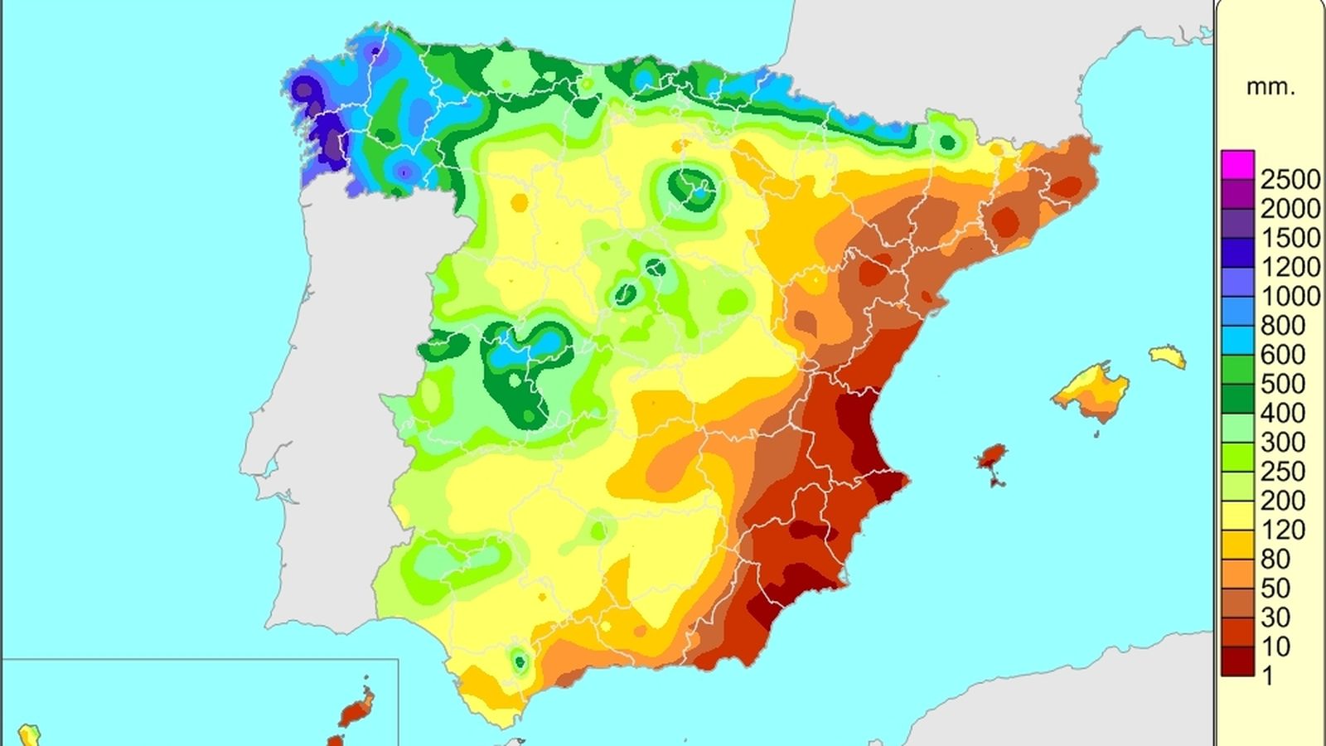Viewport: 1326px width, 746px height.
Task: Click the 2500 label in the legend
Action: tap(1290, 179)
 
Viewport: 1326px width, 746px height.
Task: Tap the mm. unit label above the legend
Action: tap(1270, 87)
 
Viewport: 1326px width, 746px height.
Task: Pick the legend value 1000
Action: tap(1290, 296)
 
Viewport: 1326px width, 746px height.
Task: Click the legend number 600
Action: tap(1282, 355)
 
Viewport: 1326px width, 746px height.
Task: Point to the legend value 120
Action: tap(1282, 530)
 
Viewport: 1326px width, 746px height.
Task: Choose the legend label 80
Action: tap(1275, 559)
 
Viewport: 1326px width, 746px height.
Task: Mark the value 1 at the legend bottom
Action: tap(1267, 676)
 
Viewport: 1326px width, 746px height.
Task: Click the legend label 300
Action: tap(1282, 443)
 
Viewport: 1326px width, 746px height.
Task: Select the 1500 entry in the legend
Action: tap(1290, 238)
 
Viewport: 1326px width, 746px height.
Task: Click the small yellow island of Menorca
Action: tap(1168, 356)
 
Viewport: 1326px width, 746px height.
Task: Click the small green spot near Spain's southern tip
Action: tap(520, 661)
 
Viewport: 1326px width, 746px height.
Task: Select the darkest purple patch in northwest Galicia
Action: tap(331, 137)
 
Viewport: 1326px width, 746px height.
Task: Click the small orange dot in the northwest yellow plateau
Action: tap(520, 202)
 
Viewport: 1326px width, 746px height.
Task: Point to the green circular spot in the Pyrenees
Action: tap(947, 143)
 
